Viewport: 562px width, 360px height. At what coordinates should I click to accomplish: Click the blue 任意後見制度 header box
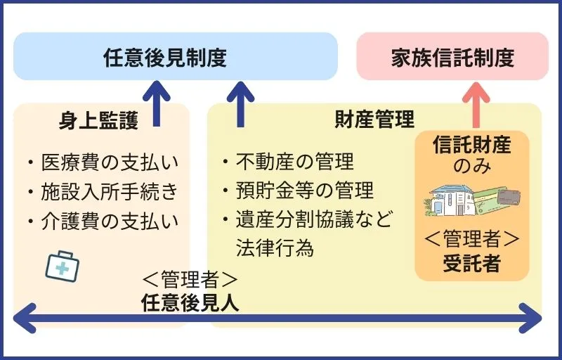(x=175, y=56)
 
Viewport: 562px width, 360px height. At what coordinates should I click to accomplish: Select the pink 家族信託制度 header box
(x=452, y=56)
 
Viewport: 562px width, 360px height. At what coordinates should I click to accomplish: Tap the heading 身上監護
(x=98, y=120)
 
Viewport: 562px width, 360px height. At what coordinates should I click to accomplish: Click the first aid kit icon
(x=62, y=266)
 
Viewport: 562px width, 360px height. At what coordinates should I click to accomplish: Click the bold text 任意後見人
(x=190, y=303)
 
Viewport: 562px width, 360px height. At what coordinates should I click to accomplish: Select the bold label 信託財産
(x=471, y=146)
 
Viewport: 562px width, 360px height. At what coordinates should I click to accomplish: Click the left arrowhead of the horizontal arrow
(x=22, y=318)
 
